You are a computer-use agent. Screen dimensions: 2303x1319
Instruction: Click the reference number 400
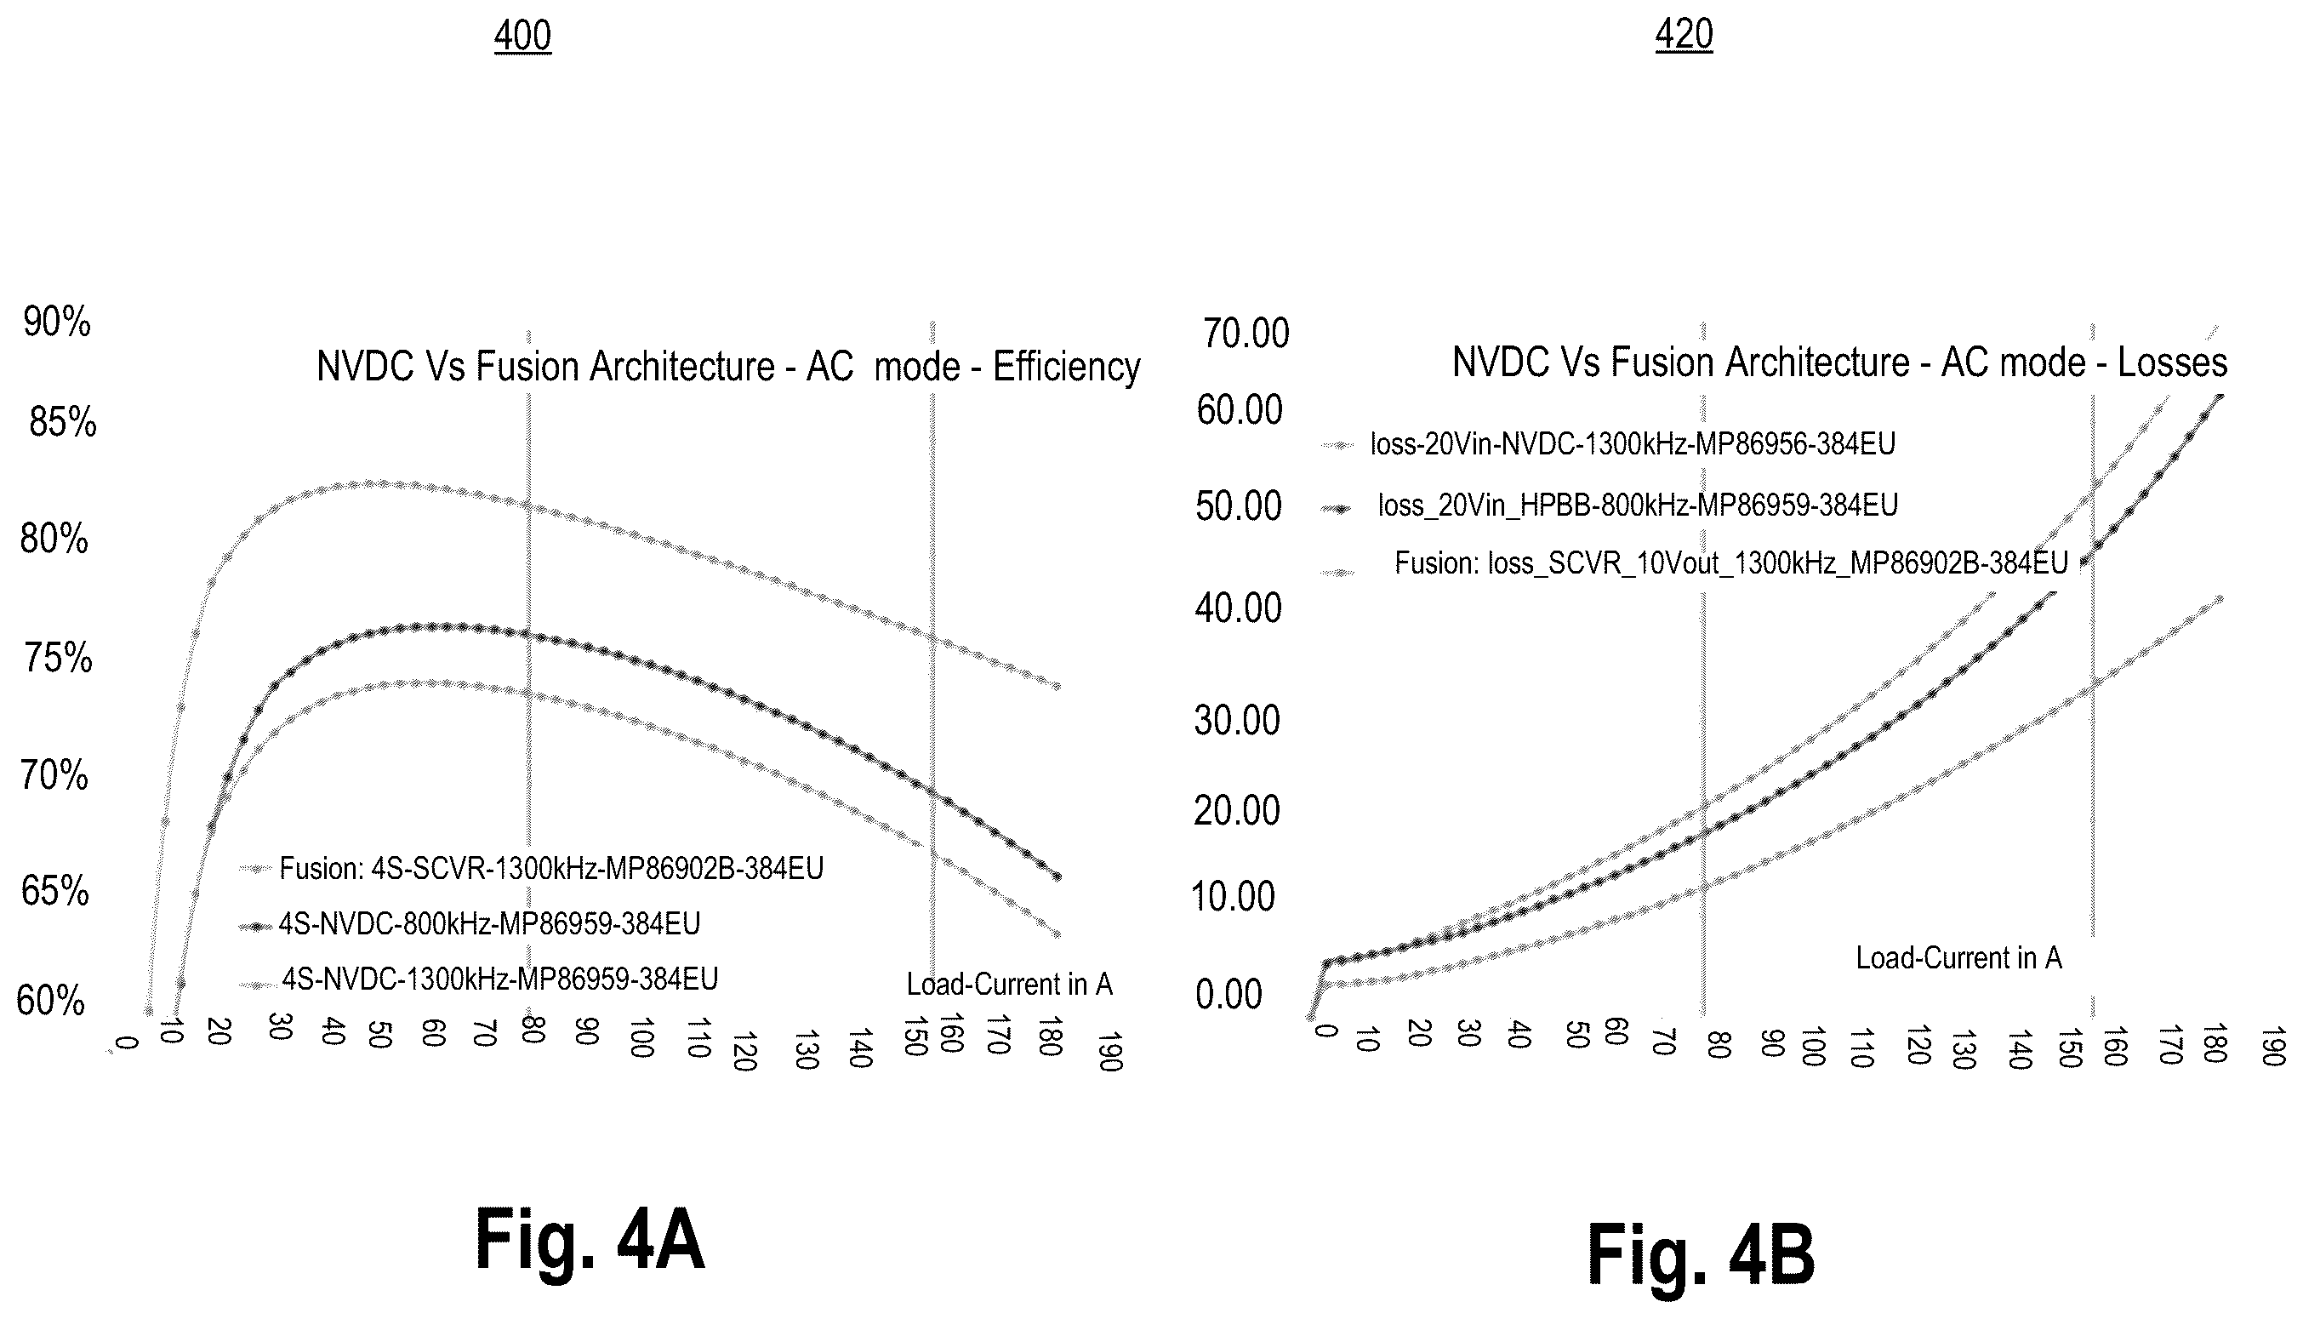pos(522,37)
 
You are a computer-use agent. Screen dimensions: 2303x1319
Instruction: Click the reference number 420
pos(1684,34)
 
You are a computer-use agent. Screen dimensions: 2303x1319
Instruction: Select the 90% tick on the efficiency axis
pos(57,323)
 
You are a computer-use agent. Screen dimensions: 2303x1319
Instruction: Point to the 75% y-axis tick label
pos(59,659)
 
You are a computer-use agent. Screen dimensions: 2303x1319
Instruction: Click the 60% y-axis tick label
pos(51,1001)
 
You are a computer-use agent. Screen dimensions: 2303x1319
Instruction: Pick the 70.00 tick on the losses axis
pos(1246,334)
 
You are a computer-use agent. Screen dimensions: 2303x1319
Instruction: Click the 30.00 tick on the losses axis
pos(1237,720)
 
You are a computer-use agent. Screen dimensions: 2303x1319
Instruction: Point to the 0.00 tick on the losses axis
pos(1229,995)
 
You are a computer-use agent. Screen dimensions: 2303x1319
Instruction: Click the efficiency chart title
pos(728,367)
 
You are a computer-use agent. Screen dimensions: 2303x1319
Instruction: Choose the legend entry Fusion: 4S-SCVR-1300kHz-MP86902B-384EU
pos(551,869)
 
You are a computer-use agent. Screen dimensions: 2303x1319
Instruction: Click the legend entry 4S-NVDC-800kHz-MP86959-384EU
pos(489,924)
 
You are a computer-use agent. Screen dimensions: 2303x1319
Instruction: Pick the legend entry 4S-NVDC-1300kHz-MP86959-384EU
pos(500,979)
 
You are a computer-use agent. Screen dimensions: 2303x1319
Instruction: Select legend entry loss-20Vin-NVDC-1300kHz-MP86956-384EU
pos(1633,444)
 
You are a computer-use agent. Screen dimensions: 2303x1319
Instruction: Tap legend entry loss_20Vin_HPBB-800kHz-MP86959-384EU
pos(1639,505)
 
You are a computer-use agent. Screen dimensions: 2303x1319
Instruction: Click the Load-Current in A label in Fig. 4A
pos(1010,984)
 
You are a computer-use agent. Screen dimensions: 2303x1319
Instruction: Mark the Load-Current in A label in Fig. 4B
pos(1958,957)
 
